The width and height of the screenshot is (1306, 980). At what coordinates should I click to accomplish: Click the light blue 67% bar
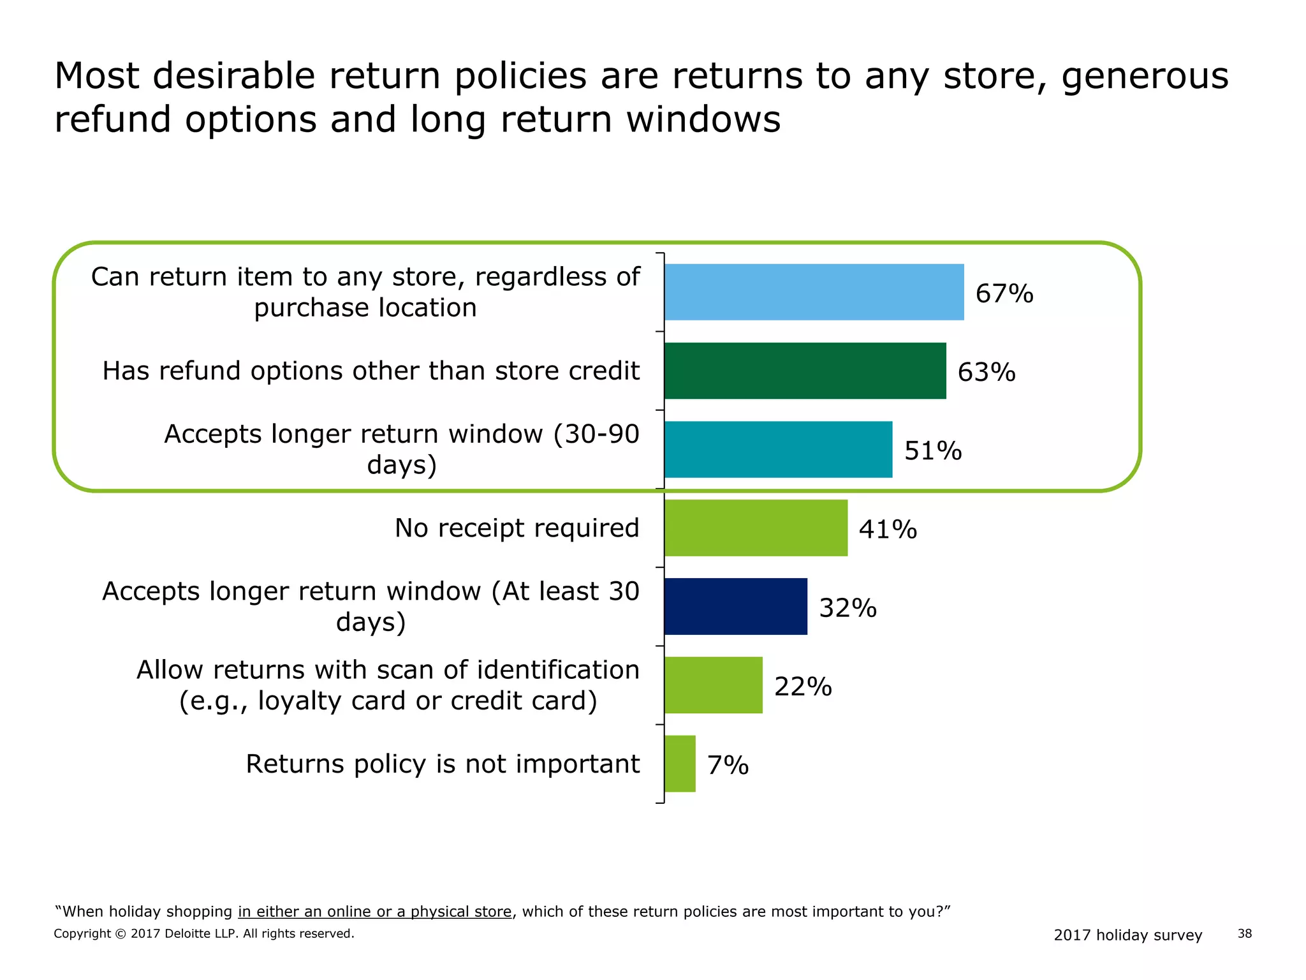click(x=814, y=292)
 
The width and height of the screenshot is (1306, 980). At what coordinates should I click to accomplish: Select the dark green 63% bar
click(x=805, y=371)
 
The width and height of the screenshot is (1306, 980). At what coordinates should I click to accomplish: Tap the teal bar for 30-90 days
click(x=778, y=449)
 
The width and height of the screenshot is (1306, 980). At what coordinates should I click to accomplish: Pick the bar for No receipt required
click(x=756, y=528)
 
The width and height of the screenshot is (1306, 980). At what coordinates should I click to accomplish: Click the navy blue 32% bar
click(x=735, y=606)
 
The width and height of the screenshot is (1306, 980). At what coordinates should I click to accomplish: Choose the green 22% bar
click(x=713, y=685)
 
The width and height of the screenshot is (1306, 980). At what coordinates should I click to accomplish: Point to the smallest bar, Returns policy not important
click(x=680, y=764)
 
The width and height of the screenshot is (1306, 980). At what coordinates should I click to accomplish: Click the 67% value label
click(x=1004, y=293)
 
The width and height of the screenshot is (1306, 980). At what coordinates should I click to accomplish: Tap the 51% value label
click(x=932, y=450)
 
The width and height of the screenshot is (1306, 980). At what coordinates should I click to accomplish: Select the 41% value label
click(x=888, y=530)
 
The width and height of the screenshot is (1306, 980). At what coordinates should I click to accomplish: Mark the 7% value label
click(x=728, y=765)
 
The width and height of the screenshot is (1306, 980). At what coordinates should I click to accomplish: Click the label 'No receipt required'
click(x=517, y=528)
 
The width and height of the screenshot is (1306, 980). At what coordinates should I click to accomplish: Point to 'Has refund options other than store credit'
click(x=371, y=371)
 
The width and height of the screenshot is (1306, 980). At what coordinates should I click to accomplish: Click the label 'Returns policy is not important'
click(x=443, y=764)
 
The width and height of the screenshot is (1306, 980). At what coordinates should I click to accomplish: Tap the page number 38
click(x=1244, y=933)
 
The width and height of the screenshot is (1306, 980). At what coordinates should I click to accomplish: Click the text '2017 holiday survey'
click(x=1127, y=935)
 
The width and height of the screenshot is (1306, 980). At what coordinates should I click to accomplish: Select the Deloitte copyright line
click(x=203, y=933)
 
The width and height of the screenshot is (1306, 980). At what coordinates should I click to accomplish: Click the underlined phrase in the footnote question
click(x=374, y=911)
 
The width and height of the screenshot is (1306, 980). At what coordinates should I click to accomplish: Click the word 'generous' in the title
click(x=1144, y=76)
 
